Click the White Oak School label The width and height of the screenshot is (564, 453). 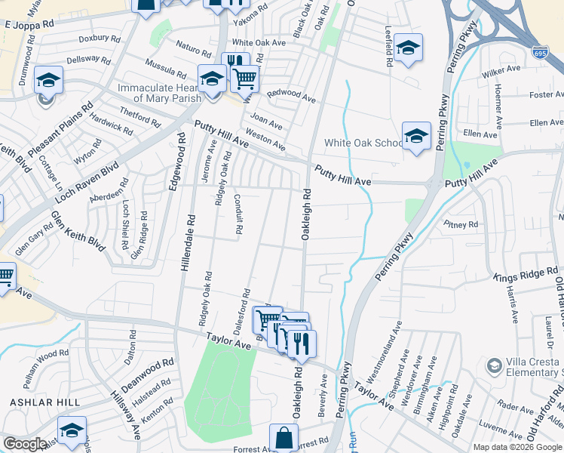(x=364, y=143)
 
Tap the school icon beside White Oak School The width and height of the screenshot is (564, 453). (x=416, y=136)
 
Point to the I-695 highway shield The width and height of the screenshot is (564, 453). (x=539, y=54)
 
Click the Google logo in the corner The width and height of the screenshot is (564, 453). (x=25, y=444)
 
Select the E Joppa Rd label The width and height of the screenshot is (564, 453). (x=30, y=24)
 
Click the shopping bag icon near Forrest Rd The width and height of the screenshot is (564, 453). (x=283, y=438)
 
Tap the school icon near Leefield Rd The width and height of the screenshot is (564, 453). (x=408, y=48)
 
